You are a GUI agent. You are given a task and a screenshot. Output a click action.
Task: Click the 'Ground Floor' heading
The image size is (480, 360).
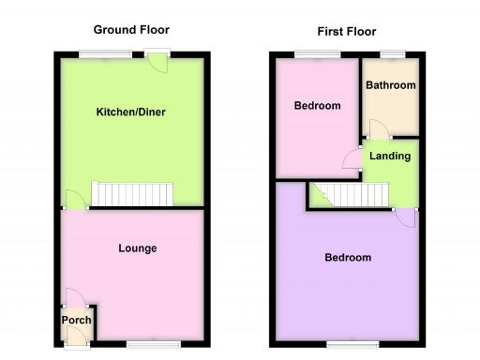click(x=131, y=30)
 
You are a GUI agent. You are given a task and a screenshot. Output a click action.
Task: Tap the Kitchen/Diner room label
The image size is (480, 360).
click(x=131, y=113)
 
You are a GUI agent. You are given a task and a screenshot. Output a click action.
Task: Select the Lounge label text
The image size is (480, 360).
click(x=137, y=248)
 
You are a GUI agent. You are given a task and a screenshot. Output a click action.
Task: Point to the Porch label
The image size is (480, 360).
click(x=76, y=321)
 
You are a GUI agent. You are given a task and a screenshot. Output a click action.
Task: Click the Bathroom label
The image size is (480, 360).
click(x=390, y=85)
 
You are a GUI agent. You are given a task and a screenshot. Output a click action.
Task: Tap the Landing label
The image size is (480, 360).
click(x=387, y=156)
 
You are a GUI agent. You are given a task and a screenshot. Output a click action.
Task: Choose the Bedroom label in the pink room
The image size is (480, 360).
click(x=317, y=106)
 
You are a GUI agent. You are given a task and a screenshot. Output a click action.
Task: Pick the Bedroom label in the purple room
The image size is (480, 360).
click(x=347, y=257)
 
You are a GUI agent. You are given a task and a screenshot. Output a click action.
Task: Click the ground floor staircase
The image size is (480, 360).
click(x=137, y=193)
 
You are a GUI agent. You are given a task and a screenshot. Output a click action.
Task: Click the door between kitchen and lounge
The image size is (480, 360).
click(x=71, y=200)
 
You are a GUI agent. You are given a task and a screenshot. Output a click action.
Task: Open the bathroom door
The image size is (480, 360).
click(x=375, y=129)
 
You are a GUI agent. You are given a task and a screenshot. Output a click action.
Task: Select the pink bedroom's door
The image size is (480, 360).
click(x=352, y=157)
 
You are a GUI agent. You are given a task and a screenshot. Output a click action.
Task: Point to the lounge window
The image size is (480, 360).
click(x=146, y=343)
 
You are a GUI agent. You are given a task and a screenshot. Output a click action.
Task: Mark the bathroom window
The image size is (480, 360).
click(x=391, y=52)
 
